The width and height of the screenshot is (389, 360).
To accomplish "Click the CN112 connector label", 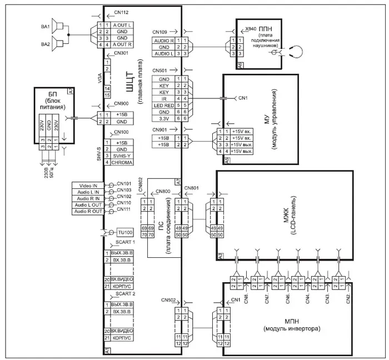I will pos(121,11).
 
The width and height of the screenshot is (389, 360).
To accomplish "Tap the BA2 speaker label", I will pos(45,44).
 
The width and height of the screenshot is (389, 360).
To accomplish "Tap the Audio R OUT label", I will pos(87,211).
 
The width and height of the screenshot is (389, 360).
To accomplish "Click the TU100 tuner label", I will pos(126,232).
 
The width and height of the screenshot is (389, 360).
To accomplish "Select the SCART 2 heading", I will pos(126,293).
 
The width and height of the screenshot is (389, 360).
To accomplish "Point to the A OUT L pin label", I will pos(122,24).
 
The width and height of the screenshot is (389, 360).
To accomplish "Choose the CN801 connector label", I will pos(191,188).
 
